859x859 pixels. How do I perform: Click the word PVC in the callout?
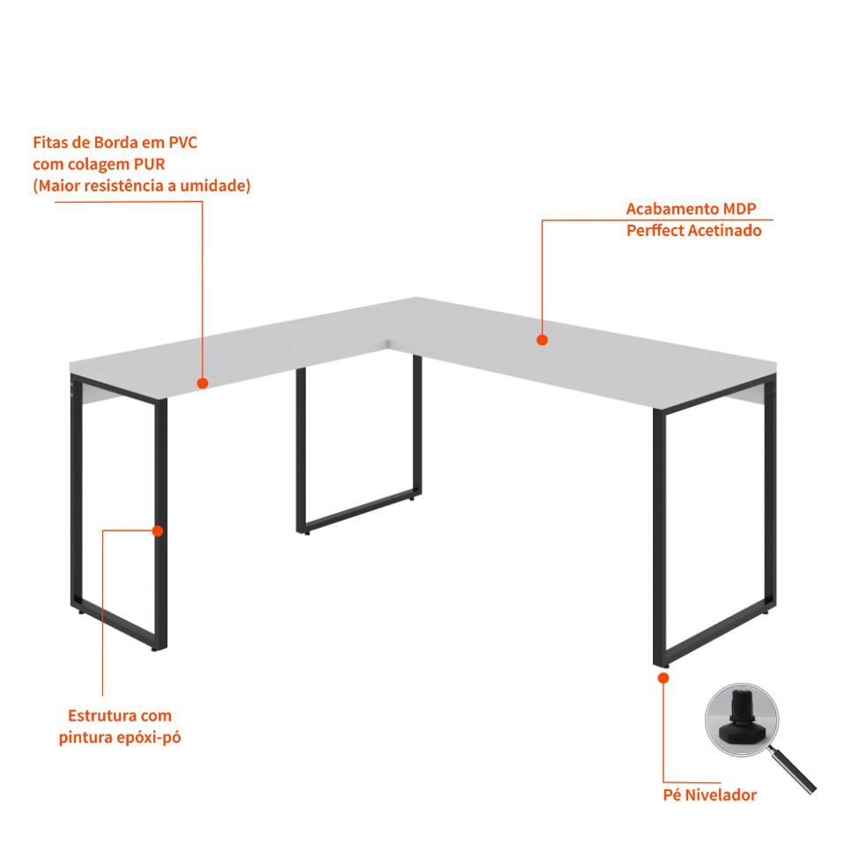pyautogui.click(x=182, y=143)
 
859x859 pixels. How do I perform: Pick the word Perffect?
pyautogui.click(x=655, y=231)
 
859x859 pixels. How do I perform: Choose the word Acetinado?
pyautogui.click(x=725, y=231)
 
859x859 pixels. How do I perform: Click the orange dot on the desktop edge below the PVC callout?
pyautogui.click(x=203, y=383)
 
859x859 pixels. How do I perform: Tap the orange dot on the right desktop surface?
pyautogui.click(x=543, y=340)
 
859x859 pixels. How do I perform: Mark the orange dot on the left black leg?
pyautogui.click(x=158, y=531)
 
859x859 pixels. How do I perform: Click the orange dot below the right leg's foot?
pyautogui.click(x=663, y=678)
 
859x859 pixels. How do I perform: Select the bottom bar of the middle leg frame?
pyautogui.click(x=359, y=511)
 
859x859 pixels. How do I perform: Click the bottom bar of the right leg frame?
pyautogui.click(x=715, y=633)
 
